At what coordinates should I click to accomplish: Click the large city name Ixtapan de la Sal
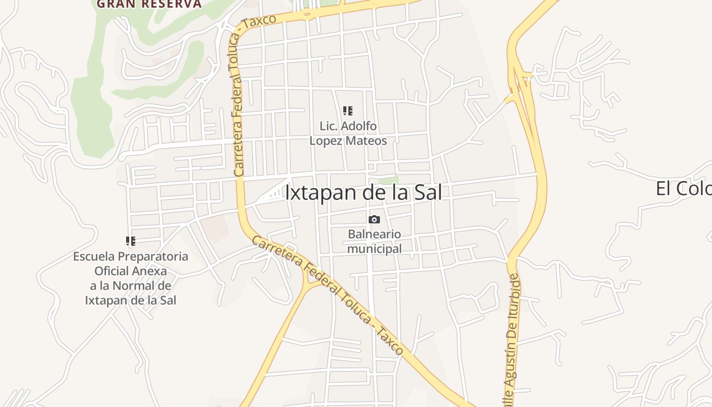click(363, 193)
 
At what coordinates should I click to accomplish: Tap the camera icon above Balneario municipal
click(374, 219)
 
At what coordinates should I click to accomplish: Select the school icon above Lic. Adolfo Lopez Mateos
click(348, 111)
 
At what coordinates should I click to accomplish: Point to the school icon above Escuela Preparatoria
click(131, 241)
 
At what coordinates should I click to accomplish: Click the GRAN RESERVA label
click(149, 4)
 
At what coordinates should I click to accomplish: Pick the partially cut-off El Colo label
click(683, 188)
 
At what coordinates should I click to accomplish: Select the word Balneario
click(374, 235)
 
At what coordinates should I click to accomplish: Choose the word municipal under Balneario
click(374, 249)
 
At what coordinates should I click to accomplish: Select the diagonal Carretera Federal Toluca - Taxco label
click(328, 295)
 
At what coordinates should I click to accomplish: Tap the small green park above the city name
click(389, 180)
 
